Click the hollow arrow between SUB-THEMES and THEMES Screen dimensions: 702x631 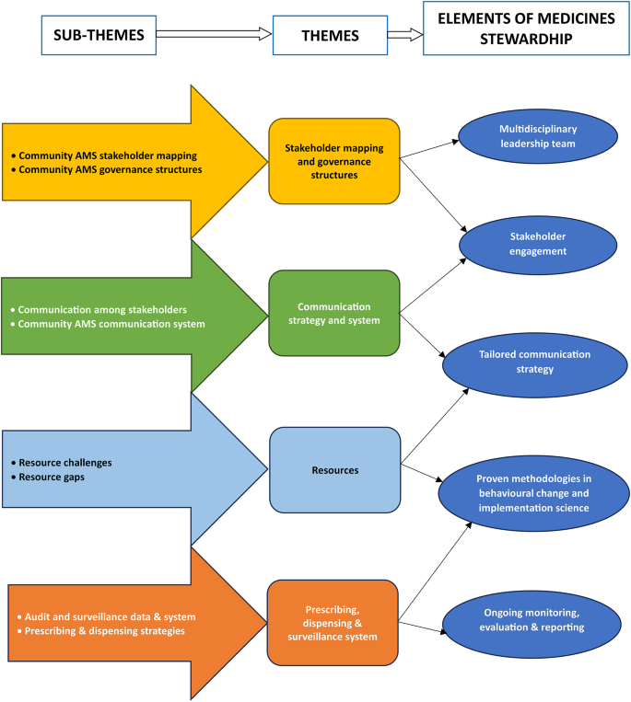[215, 34]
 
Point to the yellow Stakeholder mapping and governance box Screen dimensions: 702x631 [334, 161]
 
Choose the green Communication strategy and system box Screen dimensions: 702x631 [334, 313]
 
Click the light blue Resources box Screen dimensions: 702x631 [334, 470]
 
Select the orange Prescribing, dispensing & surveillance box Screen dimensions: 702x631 [334, 622]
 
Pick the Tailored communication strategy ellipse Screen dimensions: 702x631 [528, 361]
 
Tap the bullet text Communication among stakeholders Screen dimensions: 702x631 [102, 310]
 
